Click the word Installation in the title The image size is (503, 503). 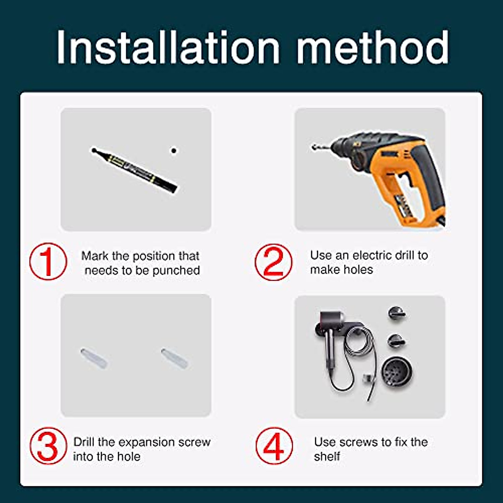point(168,47)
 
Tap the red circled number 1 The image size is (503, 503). point(48,262)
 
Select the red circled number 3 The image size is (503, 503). point(48,446)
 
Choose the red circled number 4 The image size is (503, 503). point(274,446)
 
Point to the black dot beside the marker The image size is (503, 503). point(174,150)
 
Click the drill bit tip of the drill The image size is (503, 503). point(314,147)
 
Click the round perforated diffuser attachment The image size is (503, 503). point(397,371)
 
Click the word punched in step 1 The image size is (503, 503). point(176,270)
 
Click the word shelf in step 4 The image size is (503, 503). point(327,456)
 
